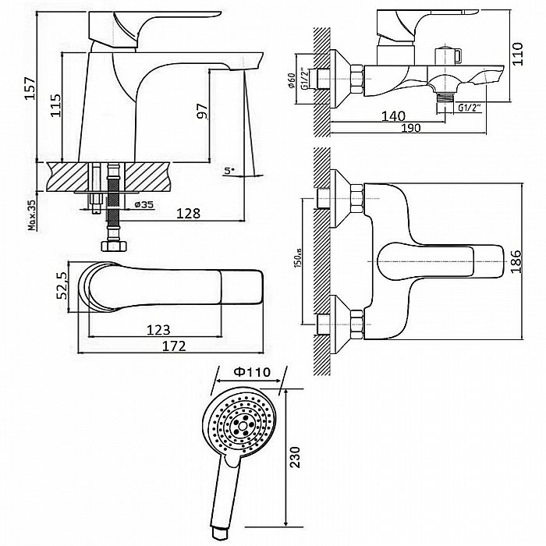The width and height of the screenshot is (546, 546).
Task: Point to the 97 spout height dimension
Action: pos(202,111)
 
